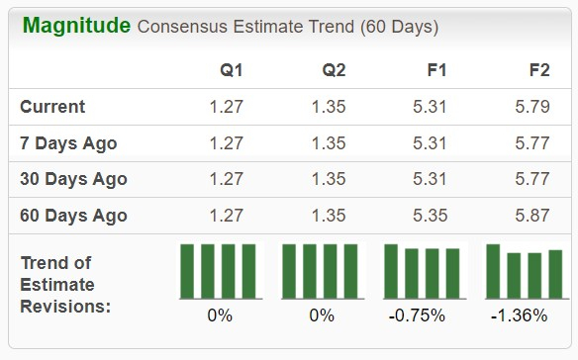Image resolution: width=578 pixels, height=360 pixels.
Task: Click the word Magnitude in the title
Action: [75, 26]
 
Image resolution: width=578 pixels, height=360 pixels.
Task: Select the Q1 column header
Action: [232, 70]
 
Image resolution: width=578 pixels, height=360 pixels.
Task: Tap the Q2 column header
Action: [333, 70]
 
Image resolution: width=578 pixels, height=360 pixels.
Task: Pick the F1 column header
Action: [435, 70]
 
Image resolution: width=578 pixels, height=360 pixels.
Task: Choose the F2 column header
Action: [539, 70]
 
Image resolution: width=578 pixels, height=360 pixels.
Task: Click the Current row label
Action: [52, 107]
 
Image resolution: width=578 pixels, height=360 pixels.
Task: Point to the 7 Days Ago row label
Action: [68, 143]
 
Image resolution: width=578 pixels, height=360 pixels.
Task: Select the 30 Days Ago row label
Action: [73, 179]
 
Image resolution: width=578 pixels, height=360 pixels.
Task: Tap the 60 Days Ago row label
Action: [73, 216]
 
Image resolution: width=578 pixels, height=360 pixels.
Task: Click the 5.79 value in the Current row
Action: [532, 107]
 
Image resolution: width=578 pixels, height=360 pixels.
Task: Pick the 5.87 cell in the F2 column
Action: [532, 216]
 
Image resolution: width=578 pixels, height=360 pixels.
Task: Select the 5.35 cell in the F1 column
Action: [430, 216]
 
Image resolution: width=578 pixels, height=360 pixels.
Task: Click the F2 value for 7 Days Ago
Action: [532, 143]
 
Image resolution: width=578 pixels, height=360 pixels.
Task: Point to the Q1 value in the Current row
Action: [226, 107]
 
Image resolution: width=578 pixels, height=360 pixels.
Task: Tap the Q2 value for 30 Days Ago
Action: [328, 179]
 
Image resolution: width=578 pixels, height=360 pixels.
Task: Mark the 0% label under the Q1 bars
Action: [219, 316]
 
